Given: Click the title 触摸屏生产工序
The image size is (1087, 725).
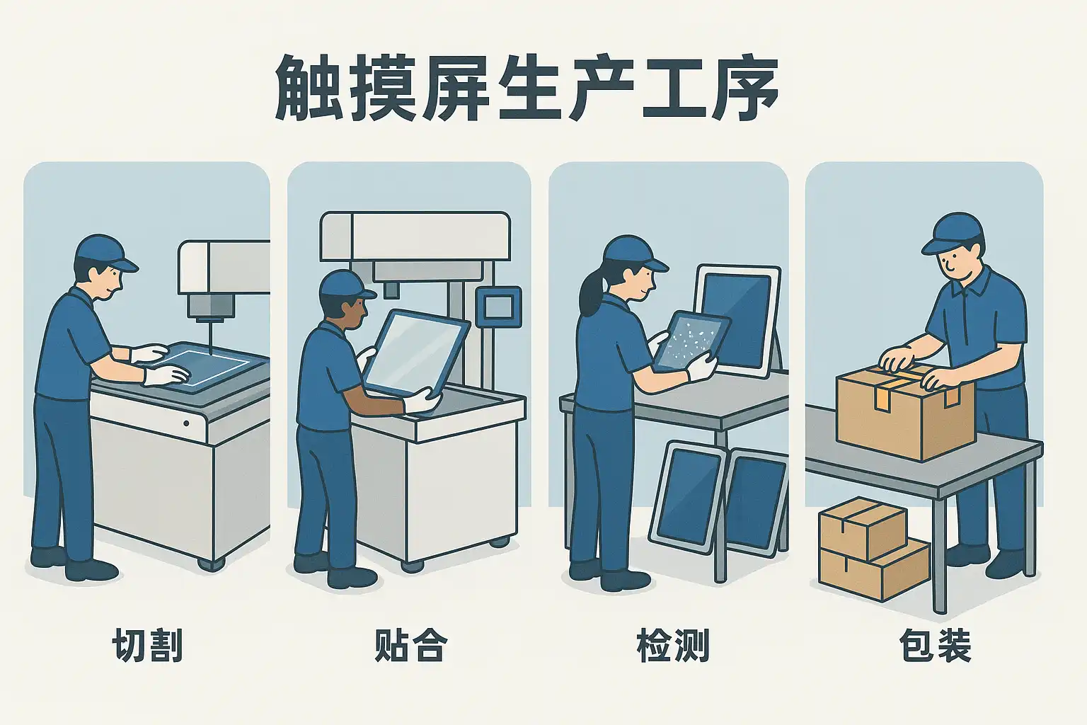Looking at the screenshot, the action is point(527,87).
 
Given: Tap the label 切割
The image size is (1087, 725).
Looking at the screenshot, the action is point(147,646).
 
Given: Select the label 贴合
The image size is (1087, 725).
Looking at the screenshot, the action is point(410,646).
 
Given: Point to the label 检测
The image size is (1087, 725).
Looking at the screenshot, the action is point(672,646).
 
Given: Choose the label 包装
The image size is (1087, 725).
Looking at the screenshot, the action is point(935,646).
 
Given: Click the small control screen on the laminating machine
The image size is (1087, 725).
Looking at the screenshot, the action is point(499,307).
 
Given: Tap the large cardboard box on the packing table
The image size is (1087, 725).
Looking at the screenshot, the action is point(906,413).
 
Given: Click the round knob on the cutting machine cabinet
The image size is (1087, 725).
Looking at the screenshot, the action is point(186,423).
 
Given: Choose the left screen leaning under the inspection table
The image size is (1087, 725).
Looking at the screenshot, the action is point(687,497).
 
